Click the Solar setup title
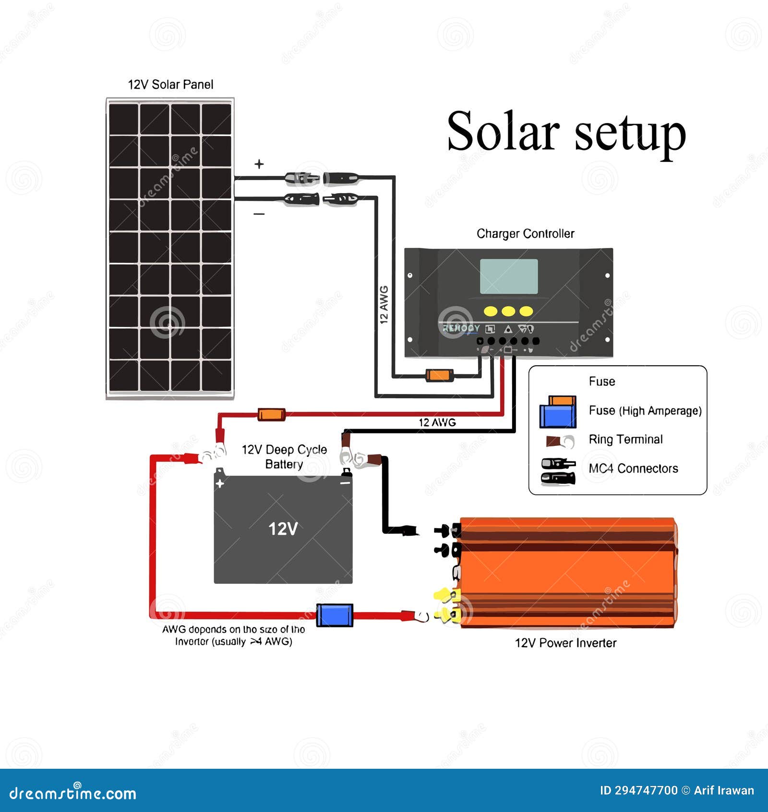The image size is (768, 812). [x=566, y=131]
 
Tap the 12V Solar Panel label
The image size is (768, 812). [x=170, y=85]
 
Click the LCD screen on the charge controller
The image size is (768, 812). [x=509, y=276]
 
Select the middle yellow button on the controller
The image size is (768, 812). [x=508, y=311]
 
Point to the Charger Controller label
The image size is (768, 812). [x=525, y=234]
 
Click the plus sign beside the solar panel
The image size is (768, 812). [x=259, y=164]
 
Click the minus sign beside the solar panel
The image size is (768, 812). [x=259, y=214]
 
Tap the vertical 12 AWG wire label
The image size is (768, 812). [x=384, y=305]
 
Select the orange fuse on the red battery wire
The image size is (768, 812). [x=271, y=414]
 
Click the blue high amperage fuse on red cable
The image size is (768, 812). [x=335, y=615]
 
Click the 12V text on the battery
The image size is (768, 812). [x=283, y=529]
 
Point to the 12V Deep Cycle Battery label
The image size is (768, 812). [x=284, y=456]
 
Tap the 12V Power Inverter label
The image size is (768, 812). [x=565, y=643]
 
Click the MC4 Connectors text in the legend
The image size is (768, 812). [x=633, y=468]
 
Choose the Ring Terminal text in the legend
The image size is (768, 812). [x=625, y=439]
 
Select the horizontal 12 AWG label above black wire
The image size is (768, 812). [x=437, y=422]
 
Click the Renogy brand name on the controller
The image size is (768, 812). [x=461, y=328]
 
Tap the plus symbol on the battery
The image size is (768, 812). [x=220, y=483]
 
